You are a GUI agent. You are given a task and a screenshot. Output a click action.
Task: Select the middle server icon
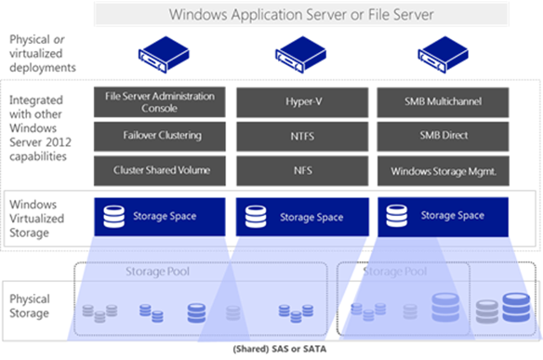tap(303, 56)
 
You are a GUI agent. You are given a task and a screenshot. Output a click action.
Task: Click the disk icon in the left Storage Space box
tap(113, 217)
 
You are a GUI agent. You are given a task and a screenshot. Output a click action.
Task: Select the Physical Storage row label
tap(30, 306)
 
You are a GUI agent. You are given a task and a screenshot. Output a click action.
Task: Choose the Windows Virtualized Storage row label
tap(36, 216)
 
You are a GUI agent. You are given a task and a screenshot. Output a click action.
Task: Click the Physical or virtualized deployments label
tap(42, 53)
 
